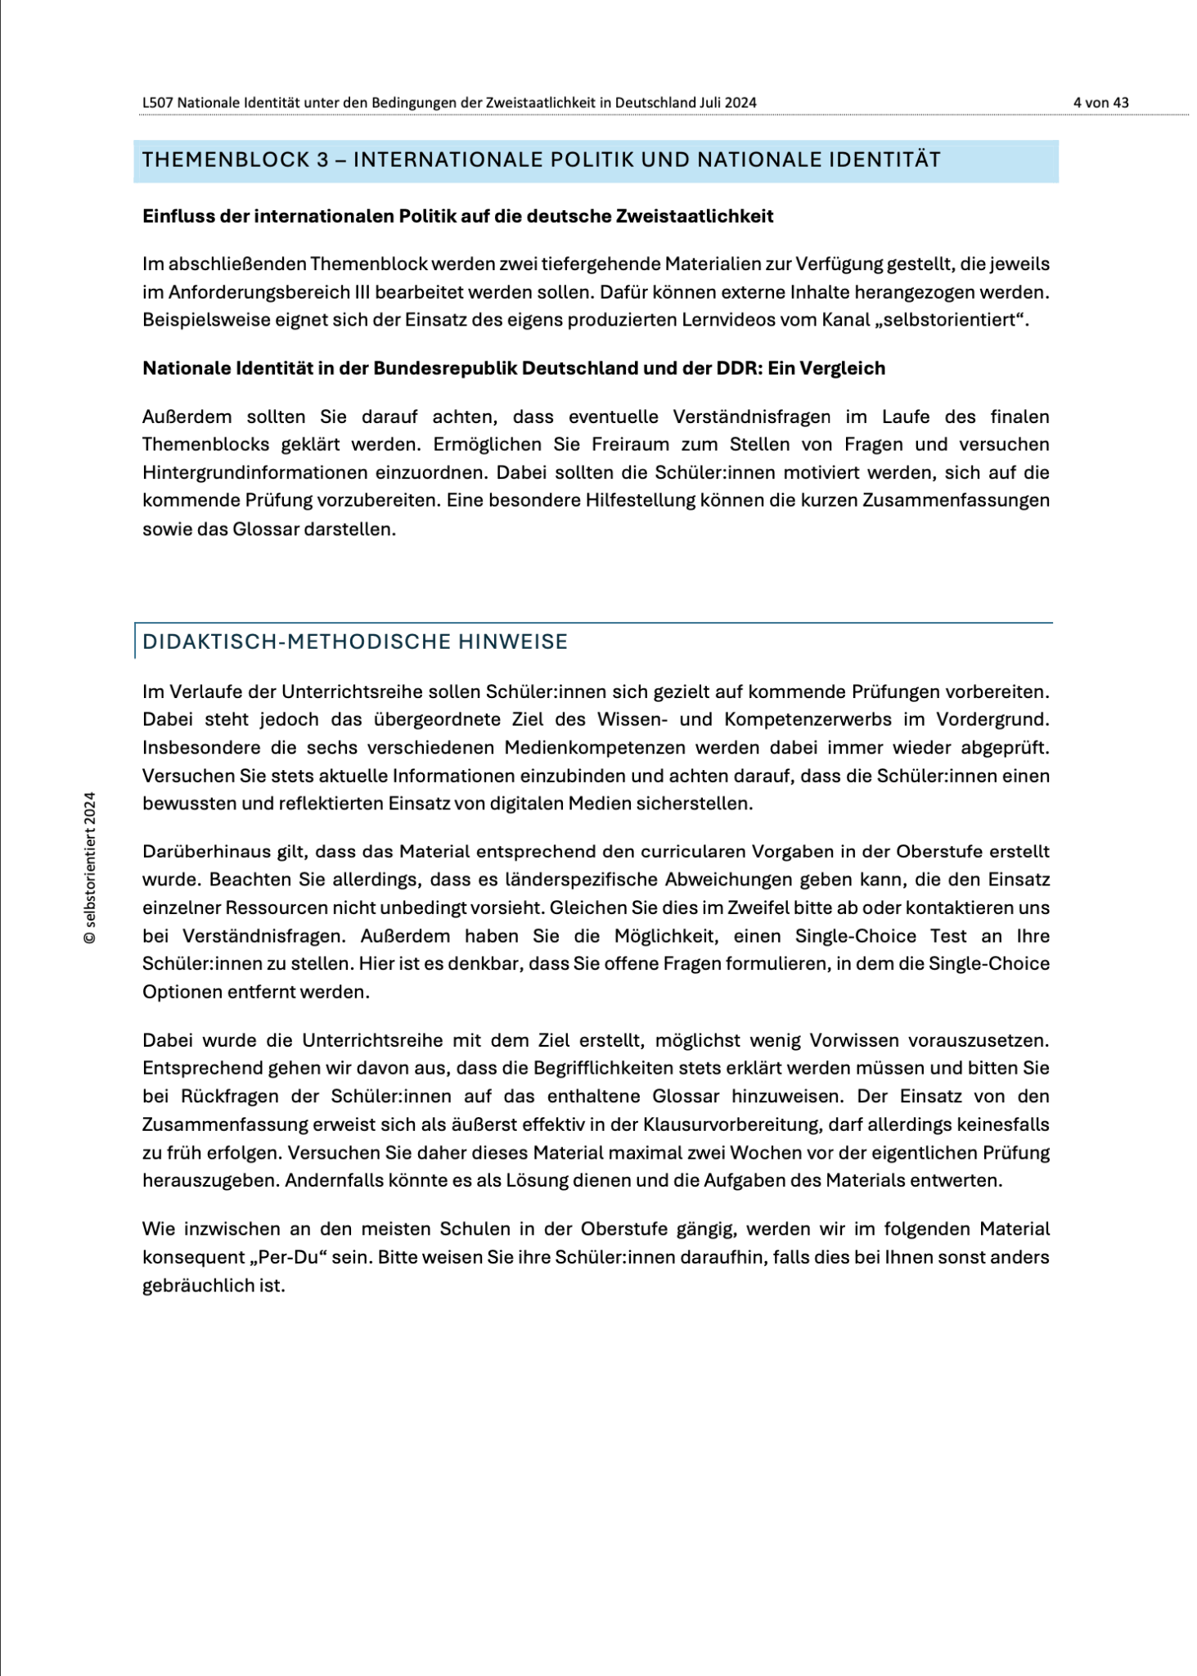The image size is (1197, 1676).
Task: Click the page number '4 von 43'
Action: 1100,102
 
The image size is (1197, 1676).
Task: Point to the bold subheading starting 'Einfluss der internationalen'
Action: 457,216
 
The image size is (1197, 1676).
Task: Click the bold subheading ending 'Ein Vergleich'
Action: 513,368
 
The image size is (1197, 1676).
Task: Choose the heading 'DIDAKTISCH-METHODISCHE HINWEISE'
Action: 354,642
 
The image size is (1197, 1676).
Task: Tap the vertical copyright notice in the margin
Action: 90,867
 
